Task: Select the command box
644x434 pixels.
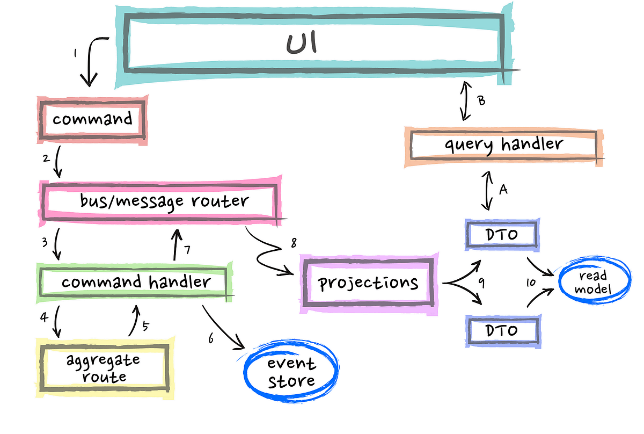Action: click(92, 118)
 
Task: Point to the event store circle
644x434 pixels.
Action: click(291, 372)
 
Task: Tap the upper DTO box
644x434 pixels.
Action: click(501, 235)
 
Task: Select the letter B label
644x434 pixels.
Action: click(481, 100)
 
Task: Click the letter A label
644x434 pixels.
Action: click(503, 190)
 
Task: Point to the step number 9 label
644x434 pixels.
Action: click(481, 283)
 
